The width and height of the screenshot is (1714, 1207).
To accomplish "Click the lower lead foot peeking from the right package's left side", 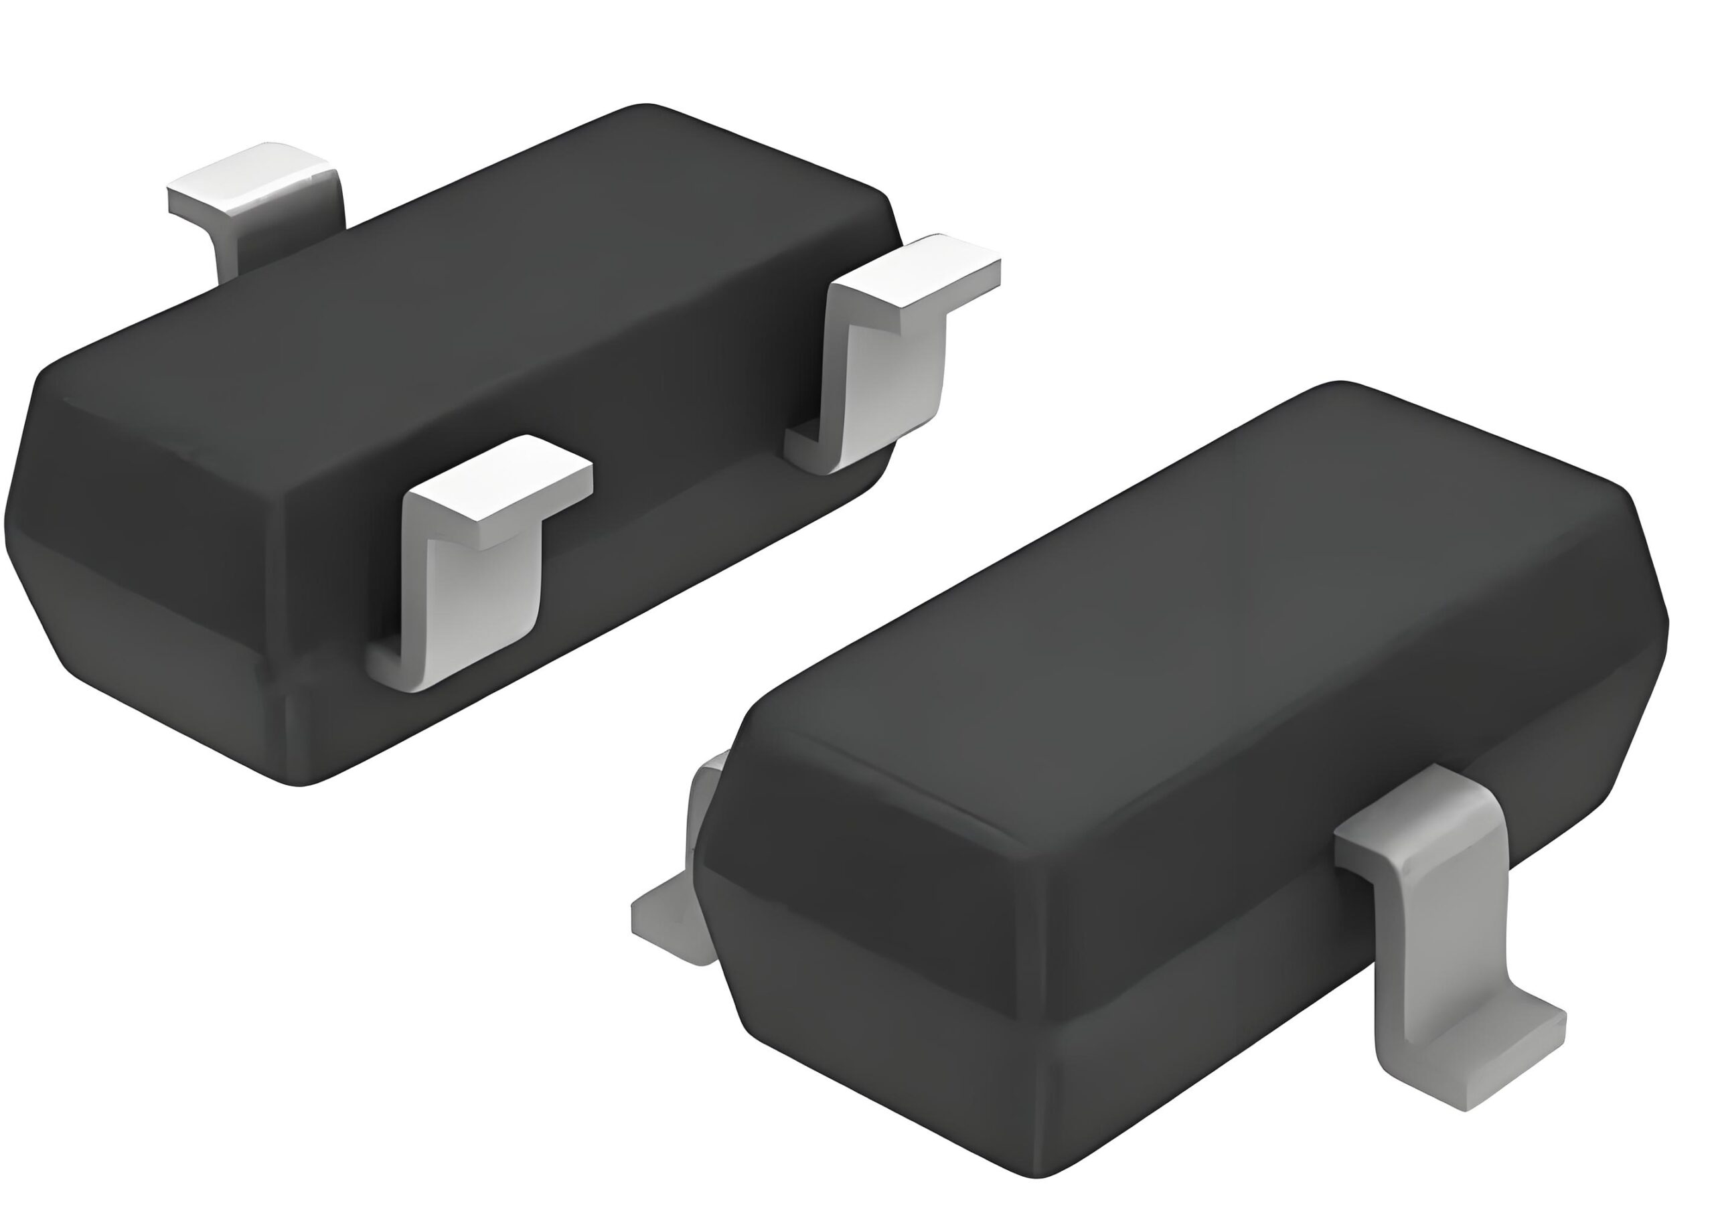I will pos(668,926).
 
